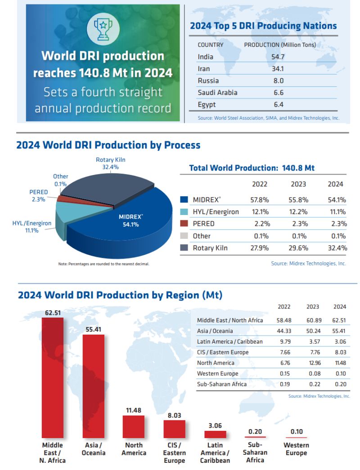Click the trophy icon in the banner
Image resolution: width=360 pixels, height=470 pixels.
[103, 28]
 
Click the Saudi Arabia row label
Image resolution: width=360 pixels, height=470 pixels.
[217, 93]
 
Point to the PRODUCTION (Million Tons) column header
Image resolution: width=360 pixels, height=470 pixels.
[279, 45]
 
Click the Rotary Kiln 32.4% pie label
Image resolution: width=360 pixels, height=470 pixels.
[111, 163]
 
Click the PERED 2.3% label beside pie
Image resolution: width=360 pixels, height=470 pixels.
[38, 196]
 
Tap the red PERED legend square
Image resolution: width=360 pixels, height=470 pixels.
[184, 224]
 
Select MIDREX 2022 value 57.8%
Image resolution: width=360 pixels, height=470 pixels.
[260, 199]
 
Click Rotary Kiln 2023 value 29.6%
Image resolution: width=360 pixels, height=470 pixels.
[298, 248]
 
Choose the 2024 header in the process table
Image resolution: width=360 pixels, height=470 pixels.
[335, 184]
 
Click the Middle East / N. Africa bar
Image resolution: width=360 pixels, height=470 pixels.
[53, 378]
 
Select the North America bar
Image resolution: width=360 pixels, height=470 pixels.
[134, 426]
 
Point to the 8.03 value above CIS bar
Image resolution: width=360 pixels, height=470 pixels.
[175, 416]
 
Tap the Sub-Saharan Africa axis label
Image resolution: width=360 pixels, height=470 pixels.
[255, 452]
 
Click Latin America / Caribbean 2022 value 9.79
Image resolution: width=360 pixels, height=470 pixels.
[284, 341]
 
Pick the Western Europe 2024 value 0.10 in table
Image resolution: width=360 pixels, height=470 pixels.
[340, 374]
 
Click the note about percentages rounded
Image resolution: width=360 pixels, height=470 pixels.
[103, 264]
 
